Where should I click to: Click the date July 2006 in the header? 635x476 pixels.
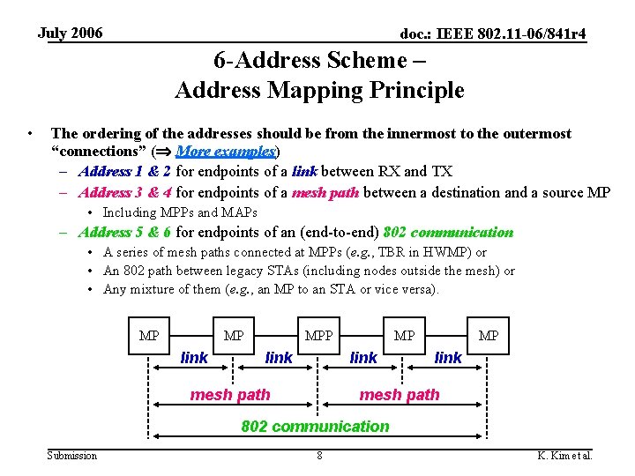tap(71, 33)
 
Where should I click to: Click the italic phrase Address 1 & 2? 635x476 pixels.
tap(125, 171)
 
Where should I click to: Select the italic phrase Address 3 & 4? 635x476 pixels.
tap(125, 192)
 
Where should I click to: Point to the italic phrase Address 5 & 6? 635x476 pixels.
tap(125, 233)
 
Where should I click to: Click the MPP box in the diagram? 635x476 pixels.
tap(318, 336)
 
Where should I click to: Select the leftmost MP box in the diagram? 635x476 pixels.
tap(149, 336)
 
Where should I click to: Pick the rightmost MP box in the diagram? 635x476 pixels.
tap(488, 336)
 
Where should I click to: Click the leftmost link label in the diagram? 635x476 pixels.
tap(194, 358)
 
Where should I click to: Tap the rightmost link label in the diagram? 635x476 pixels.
tap(448, 358)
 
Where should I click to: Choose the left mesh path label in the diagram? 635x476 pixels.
tap(230, 395)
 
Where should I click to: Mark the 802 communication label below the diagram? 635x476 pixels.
tap(315, 427)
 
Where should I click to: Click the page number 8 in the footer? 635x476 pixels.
tap(319, 456)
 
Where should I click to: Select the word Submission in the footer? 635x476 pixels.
tap(72, 456)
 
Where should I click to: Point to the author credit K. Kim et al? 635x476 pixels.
tap(564, 456)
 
